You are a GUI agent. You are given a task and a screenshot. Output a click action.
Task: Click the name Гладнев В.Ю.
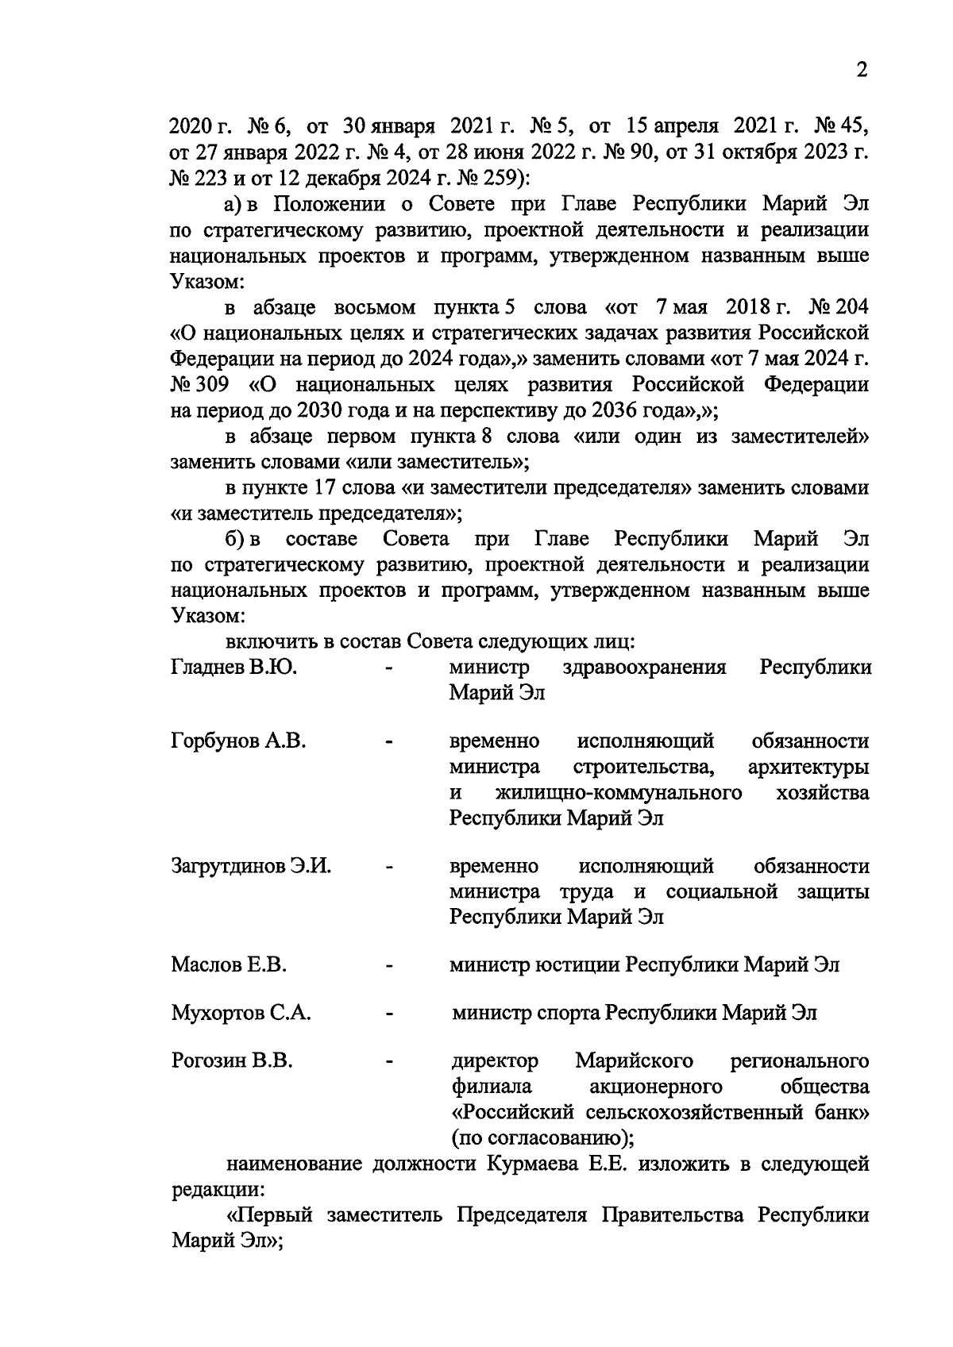(234, 668)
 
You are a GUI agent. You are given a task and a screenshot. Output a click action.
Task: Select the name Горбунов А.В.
(238, 741)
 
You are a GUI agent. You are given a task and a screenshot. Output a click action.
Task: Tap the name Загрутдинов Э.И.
(251, 866)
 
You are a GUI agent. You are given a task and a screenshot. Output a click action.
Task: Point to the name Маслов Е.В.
(229, 965)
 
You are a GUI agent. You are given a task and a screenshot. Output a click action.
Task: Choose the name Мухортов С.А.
(241, 1014)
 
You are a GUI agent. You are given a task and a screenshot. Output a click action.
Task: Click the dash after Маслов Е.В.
(389, 966)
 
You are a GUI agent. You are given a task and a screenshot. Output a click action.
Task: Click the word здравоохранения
(644, 668)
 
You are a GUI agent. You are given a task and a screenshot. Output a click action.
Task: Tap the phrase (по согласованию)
(542, 1138)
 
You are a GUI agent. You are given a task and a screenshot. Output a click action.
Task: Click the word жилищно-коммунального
(618, 793)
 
